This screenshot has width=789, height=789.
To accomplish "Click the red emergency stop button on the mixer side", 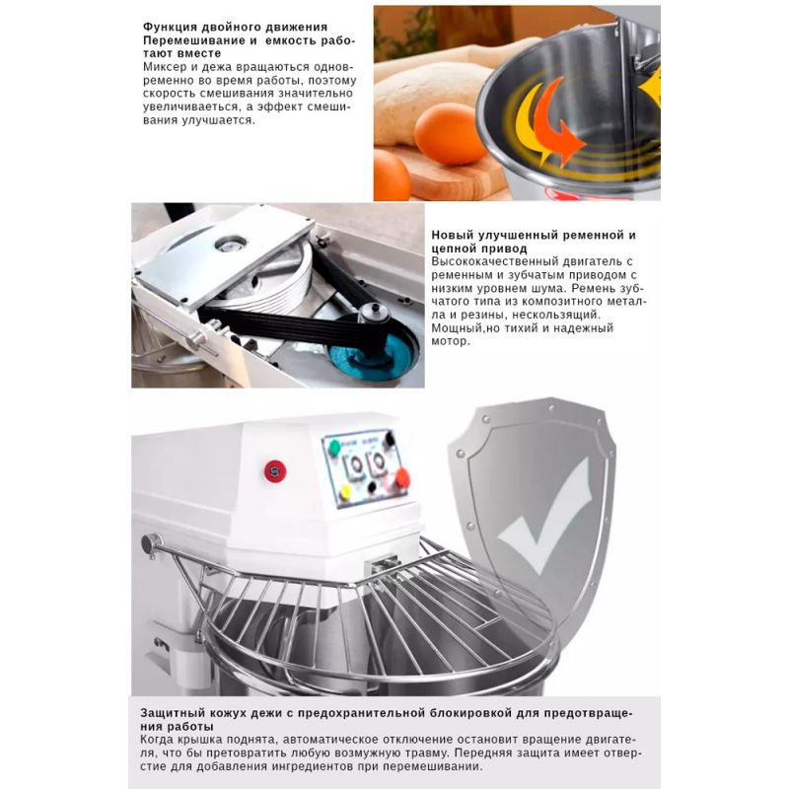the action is tap(275, 471).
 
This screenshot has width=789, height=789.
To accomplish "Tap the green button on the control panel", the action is tap(334, 447).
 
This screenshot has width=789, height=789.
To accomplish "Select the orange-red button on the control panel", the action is tap(402, 478).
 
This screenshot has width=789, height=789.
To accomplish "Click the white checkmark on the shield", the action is tap(545, 515).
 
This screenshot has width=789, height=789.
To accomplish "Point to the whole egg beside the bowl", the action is tap(450, 134).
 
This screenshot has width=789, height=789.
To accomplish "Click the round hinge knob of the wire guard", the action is tap(150, 544).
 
